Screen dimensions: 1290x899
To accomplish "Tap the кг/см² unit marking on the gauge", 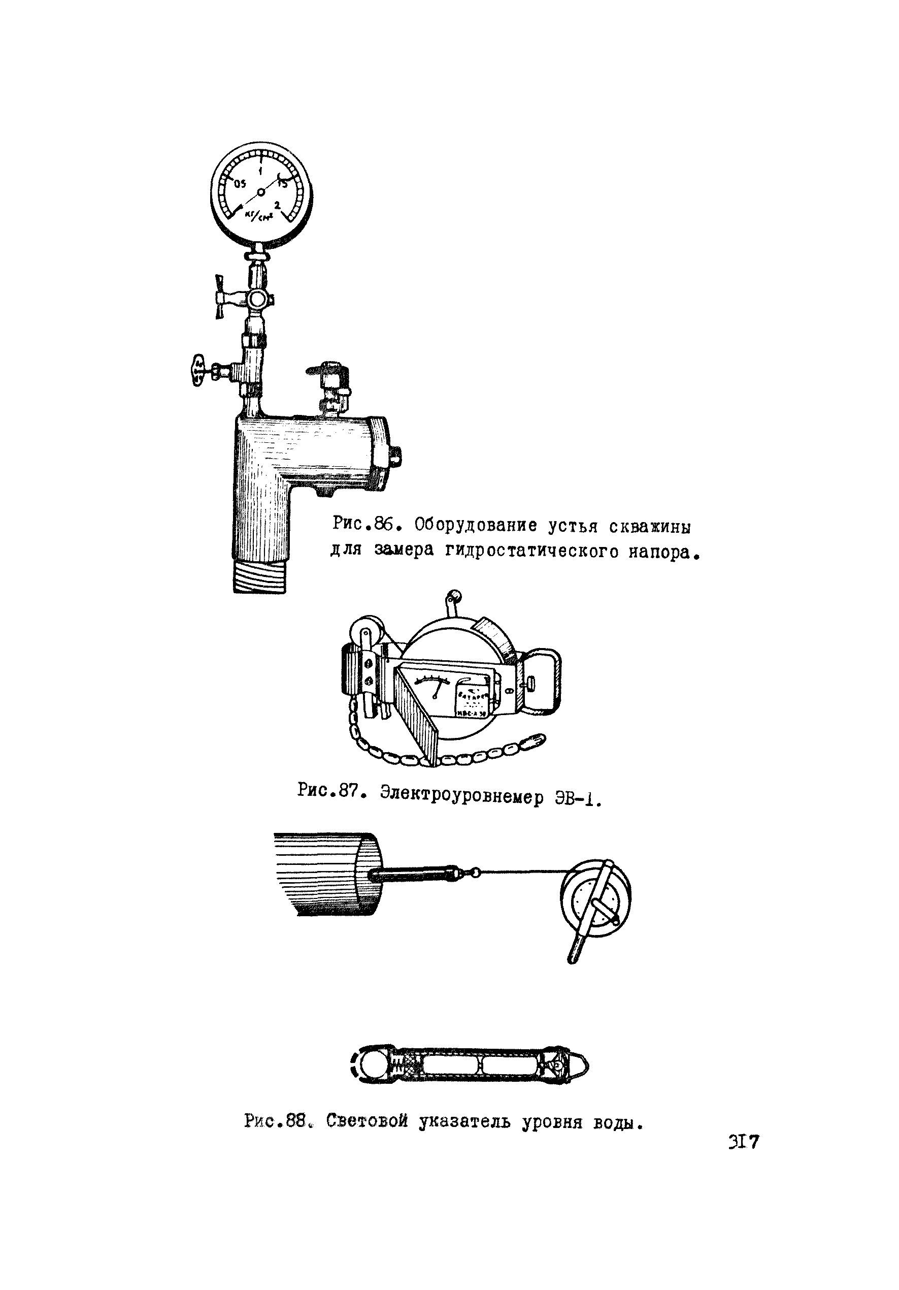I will pos(259,215).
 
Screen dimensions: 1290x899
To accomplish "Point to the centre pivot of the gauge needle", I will pos(260,192).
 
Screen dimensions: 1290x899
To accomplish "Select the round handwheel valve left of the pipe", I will pos(197,370).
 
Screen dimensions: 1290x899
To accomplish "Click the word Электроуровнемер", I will pos(461,795).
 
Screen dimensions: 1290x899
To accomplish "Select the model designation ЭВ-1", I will pos(577,798).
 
